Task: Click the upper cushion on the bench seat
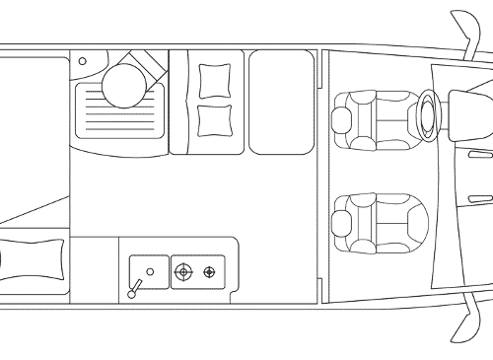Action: point(212,78)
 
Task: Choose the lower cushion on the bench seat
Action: point(212,119)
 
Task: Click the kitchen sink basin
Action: point(147,269)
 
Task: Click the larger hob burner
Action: point(181,271)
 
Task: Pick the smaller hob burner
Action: point(208,271)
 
